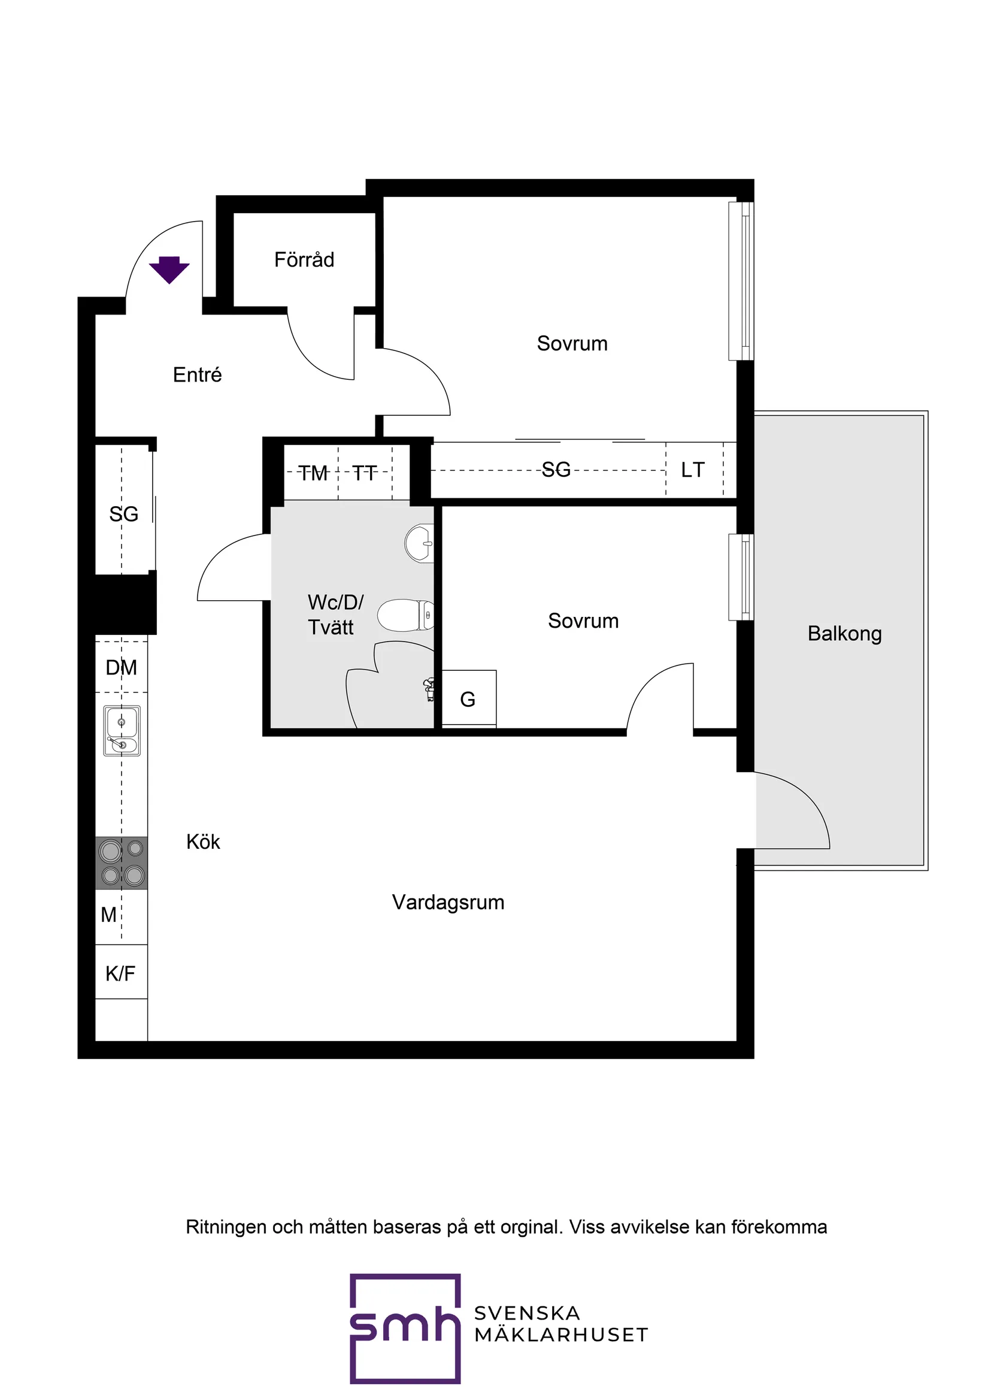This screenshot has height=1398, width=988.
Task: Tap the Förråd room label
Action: (304, 260)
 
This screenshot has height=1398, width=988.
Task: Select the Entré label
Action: (196, 374)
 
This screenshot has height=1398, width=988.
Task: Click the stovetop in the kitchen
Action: (122, 862)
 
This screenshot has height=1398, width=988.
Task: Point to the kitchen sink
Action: (122, 731)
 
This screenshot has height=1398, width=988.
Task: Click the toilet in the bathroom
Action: (405, 615)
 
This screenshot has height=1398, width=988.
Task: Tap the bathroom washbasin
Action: (419, 543)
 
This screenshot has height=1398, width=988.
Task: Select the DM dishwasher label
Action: (121, 667)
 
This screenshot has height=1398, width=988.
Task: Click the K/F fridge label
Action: (120, 973)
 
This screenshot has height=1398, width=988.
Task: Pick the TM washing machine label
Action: (313, 473)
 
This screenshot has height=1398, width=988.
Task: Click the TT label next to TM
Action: (365, 473)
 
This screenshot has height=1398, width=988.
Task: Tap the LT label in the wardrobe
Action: (693, 470)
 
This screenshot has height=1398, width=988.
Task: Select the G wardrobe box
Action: (468, 699)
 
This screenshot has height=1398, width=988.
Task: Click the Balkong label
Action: (844, 633)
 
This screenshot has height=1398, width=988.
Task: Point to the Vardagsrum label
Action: (448, 902)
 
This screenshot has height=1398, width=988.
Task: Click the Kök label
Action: (203, 842)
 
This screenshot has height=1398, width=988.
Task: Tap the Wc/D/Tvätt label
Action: (335, 615)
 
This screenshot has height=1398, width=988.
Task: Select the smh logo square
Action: (405, 1327)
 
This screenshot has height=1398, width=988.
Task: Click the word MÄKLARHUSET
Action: (560, 1335)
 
